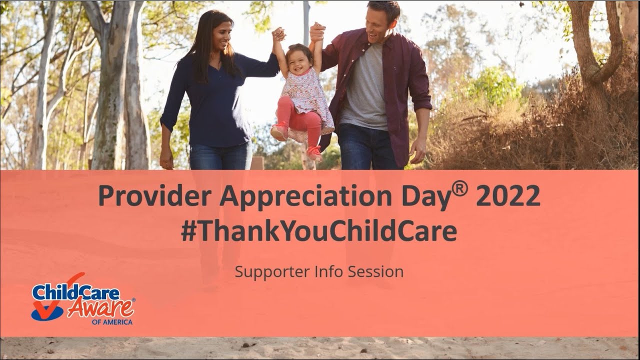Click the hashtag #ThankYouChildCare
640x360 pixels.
[x=319, y=231]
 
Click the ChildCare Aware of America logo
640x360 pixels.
[x=82, y=299]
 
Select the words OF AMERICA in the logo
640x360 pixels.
[x=112, y=322]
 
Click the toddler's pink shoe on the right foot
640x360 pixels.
[x=314, y=152]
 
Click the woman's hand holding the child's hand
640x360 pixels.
[x=278, y=34]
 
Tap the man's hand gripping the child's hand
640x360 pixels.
[x=316, y=32]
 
